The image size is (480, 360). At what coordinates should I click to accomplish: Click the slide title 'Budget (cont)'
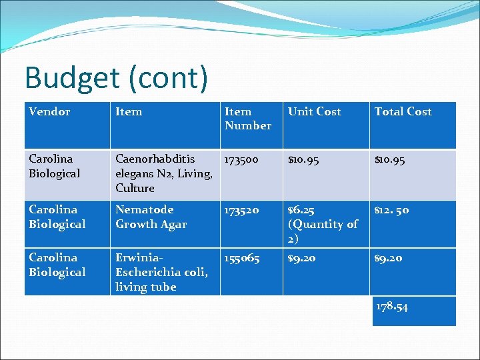pyautogui.click(x=116, y=78)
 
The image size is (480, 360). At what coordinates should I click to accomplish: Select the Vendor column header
pyautogui.click(x=49, y=112)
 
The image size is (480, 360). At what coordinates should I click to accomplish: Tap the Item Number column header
pyautogui.click(x=248, y=119)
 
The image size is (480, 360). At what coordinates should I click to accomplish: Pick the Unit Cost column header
pyautogui.click(x=314, y=112)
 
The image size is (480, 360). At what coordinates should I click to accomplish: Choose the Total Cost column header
pyautogui.click(x=403, y=112)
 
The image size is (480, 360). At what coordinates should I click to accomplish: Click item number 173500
pyautogui.click(x=241, y=159)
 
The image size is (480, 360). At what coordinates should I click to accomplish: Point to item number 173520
pyautogui.click(x=241, y=210)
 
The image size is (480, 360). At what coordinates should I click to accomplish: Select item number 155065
pyautogui.click(x=241, y=258)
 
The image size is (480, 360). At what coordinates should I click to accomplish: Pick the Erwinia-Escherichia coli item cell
pyautogui.click(x=161, y=272)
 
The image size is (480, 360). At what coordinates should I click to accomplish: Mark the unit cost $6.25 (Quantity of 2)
pyautogui.click(x=323, y=224)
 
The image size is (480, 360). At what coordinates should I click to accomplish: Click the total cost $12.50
pyautogui.click(x=392, y=210)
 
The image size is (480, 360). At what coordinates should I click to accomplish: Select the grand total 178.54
pyautogui.click(x=392, y=307)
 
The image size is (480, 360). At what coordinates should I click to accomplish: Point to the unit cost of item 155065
pyautogui.click(x=302, y=258)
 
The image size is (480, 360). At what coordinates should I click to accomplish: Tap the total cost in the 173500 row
pyautogui.click(x=390, y=159)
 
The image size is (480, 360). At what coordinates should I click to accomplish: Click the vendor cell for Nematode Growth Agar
pyautogui.click(x=57, y=217)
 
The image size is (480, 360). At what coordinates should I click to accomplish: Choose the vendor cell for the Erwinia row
pyautogui.click(x=57, y=265)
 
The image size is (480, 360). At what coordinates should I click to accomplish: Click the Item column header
pyautogui.click(x=129, y=112)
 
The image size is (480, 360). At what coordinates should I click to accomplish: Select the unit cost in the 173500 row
pyautogui.click(x=305, y=159)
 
